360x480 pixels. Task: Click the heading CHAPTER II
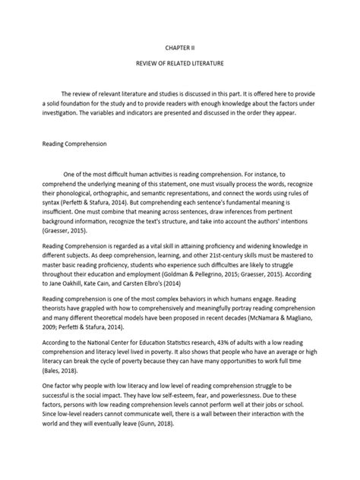click(x=180, y=47)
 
